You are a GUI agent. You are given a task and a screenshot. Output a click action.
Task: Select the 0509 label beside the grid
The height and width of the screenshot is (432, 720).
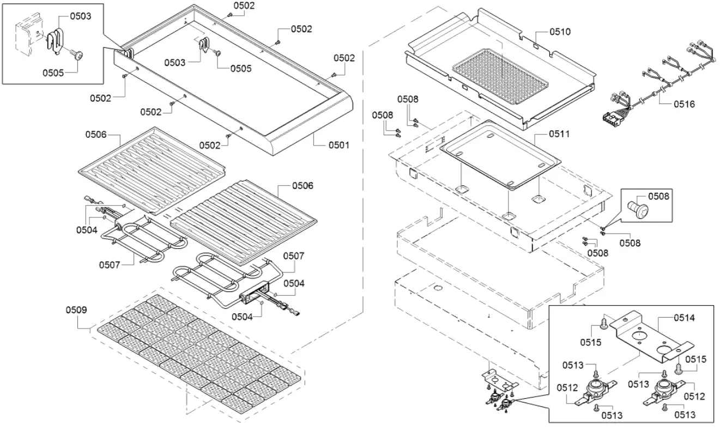[76, 310]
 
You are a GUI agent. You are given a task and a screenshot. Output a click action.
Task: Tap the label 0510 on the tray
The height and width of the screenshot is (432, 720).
[560, 32]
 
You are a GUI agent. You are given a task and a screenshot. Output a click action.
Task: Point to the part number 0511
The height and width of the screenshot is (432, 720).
[560, 133]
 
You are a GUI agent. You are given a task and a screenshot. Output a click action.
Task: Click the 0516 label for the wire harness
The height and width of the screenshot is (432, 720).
[684, 104]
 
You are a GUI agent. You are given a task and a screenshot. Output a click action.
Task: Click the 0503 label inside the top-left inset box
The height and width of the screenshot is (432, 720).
[80, 16]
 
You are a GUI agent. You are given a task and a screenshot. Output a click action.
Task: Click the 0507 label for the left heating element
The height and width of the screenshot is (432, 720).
[110, 265]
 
